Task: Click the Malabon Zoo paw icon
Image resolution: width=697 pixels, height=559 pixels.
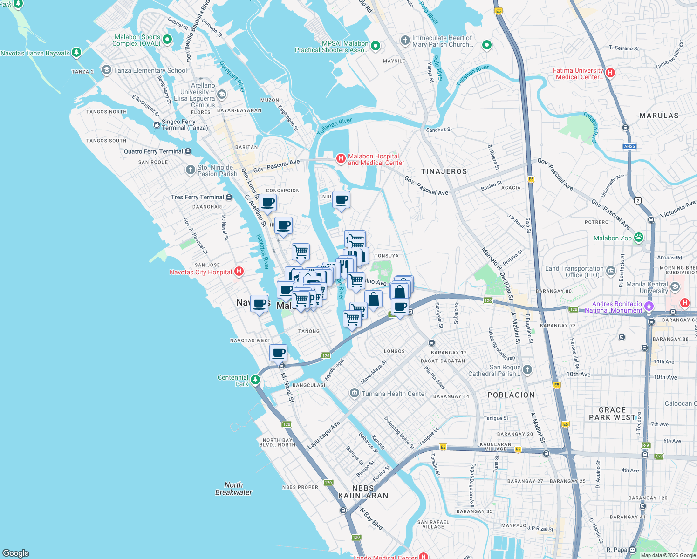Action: click(x=638, y=238)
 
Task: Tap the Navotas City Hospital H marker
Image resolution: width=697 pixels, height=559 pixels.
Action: click(x=239, y=272)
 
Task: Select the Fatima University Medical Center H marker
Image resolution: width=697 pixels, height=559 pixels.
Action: click(x=610, y=73)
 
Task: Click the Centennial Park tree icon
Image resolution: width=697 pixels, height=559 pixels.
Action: click(x=255, y=380)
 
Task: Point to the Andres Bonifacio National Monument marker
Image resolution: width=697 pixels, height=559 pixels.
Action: click(x=649, y=307)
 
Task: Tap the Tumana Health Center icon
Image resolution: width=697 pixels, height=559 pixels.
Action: click(x=354, y=394)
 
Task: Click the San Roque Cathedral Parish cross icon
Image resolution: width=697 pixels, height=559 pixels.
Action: click(x=527, y=370)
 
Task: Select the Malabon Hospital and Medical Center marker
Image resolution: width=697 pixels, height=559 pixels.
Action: click(x=341, y=159)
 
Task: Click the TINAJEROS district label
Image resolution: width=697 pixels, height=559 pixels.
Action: click(x=444, y=171)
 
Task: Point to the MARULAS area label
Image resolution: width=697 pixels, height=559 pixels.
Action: click(x=659, y=116)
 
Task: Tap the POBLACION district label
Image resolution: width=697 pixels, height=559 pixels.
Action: click(x=511, y=395)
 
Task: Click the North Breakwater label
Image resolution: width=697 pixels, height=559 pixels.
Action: click(x=233, y=489)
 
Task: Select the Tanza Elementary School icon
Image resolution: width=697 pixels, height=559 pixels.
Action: click(x=106, y=70)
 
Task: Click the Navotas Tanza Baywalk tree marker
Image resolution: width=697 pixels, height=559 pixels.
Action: click(x=76, y=53)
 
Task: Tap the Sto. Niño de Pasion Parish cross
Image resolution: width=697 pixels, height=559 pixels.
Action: click(x=190, y=170)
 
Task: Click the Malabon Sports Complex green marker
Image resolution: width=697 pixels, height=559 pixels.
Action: click(x=168, y=40)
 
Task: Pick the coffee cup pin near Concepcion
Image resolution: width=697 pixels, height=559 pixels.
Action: click(x=268, y=203)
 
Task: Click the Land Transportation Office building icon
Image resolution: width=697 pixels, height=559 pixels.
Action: click(x=610, y=270)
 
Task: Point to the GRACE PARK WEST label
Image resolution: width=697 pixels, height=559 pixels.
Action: click(x=612, y=414)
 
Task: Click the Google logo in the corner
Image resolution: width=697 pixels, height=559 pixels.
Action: click(x=16, y=553)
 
